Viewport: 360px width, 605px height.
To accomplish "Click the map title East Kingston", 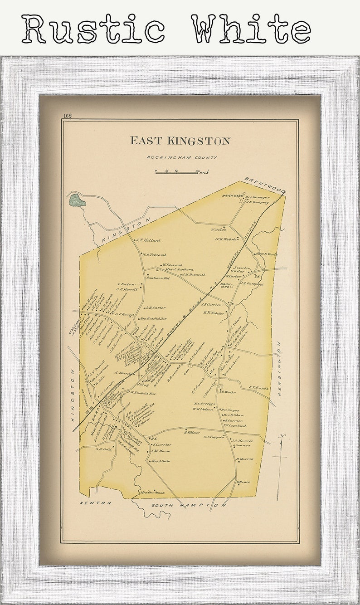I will (x=180, y=141).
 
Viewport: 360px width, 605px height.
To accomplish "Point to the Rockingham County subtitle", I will (x=181, y=157).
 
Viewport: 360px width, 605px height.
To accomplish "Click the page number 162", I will (x=68, y=116).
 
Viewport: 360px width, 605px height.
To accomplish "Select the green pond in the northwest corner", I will (x=77, y=200).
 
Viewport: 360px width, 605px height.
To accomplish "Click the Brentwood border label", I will (x=265, y=185).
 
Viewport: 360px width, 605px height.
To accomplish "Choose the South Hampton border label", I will (x=188, y=505).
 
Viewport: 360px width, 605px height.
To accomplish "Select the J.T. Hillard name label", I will (x=148, y=240).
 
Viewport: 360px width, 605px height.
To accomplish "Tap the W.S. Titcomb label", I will (x=155, y=255).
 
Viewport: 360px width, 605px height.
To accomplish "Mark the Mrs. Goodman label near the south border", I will (x=152, y=493).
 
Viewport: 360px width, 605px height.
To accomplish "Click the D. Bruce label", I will (x=243, y=482).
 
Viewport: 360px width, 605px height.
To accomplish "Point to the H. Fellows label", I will (x=192, y=433).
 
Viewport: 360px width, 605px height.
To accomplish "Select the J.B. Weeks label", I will (x=228, y=391).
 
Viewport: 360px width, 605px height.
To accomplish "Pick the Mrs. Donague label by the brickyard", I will (x=258, y=197).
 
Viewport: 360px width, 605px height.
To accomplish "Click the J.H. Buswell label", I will (x=194, y=274).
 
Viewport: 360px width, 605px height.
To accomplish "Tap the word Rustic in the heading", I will (x=93, y=29).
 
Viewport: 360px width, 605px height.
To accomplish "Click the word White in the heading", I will (x=250, y=29).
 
